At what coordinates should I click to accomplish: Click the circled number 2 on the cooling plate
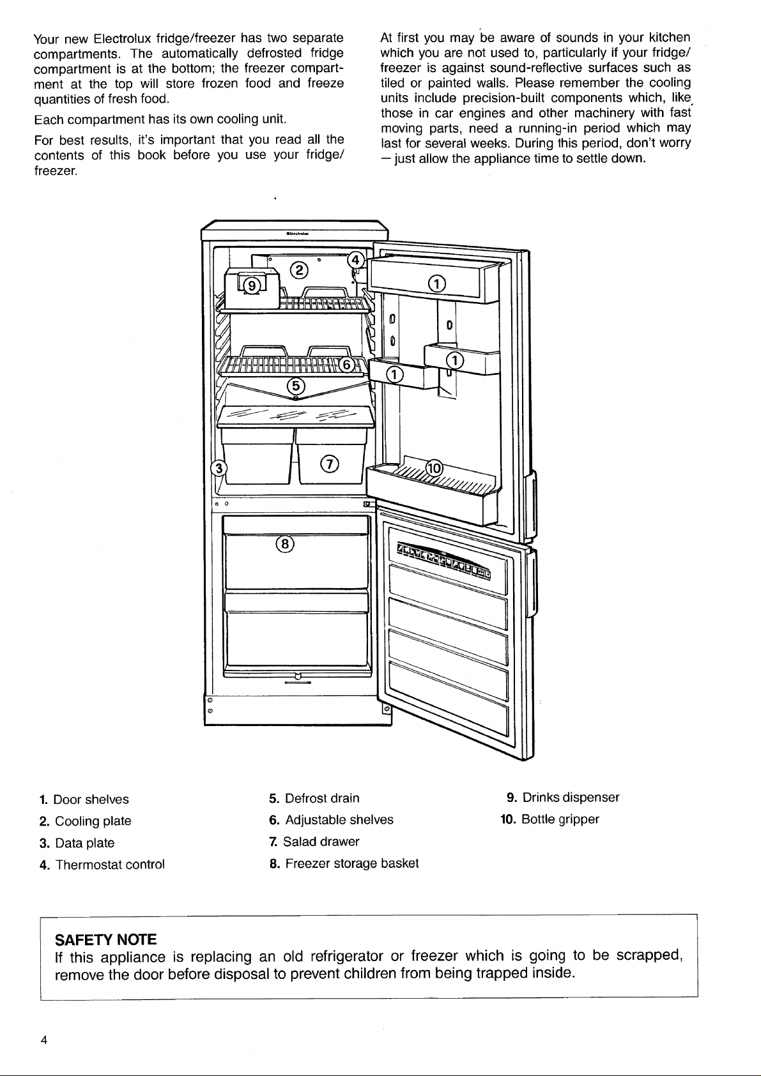[300, 271]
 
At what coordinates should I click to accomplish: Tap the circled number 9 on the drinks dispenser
[251, 286]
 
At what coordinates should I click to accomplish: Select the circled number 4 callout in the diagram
[356, 261]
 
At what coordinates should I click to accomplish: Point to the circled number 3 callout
[219, 468]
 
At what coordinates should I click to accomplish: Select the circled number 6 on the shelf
[347, 365]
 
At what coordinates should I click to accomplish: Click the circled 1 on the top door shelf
[437, 284]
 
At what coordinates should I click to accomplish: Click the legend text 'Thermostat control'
[110, 865]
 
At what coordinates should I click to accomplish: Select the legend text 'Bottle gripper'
[560, 819]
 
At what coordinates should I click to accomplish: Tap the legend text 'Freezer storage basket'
[352, 863]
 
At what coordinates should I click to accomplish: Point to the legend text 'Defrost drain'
[322, 798]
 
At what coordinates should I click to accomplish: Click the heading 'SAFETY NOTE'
[106, 939]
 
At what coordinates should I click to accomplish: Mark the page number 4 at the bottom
[43, 1040]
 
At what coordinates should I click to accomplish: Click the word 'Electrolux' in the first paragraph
[123, 38]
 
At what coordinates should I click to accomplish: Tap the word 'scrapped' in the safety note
[649, 955]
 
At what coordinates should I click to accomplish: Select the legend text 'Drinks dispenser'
[571, 798]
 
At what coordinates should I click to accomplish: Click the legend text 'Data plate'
[84, 843]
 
